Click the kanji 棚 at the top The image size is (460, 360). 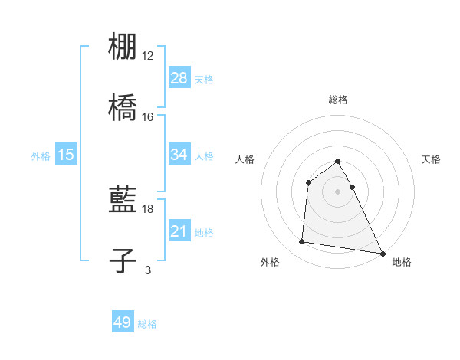coord(123,47)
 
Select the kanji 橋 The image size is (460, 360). coord(123,108)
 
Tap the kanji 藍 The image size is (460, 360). coord(123,201)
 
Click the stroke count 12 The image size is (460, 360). coord(148,55)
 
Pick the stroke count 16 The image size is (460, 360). coord(148,116)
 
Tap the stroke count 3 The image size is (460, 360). coord(148,270)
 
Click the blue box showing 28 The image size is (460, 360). coord(179,78)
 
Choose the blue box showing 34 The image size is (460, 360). coord(179,155)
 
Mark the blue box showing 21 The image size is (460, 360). coord(179,231)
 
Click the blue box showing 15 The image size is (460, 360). coord(66,155)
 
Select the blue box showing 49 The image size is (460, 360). coord(123,322)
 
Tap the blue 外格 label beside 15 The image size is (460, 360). coord(41,155)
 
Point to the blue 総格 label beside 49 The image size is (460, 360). coord(147,324)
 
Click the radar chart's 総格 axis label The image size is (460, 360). coord(338,100)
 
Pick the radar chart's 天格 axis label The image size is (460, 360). coord(431,159)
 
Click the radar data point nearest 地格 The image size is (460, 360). coord(383,253)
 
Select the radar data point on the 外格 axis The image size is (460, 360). coord(301,242)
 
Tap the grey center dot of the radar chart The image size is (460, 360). coord(338,191)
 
